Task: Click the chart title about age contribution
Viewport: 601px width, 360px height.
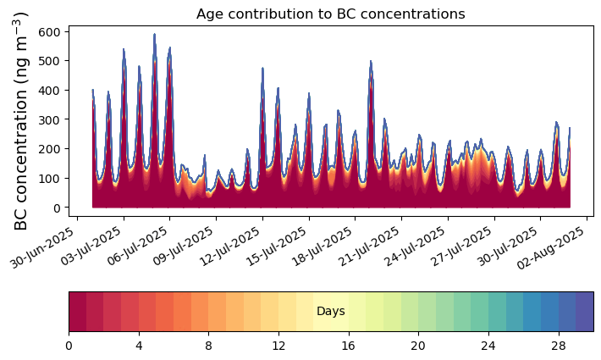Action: click(x=330, y=14)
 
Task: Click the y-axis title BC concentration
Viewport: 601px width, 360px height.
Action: click(x=21, y=120)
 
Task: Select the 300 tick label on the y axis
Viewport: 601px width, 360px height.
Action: click(x=52, y=119)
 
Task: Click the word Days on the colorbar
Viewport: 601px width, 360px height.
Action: click(x=330, y=312)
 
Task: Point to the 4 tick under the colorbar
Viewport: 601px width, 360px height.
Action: click(x=139, y=346)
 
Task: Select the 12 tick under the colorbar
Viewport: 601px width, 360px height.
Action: click(x=278, y=346)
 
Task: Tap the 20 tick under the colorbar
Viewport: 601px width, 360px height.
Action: click(x=418, y=346)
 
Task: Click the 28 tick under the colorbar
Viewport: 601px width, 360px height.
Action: click(x=558, y=346)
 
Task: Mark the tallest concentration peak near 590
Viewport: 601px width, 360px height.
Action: click(x=154, y=36)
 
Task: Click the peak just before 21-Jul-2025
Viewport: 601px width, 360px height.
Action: click(x=371, y=63)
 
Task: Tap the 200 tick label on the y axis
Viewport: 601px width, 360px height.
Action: click(x=52, y=149)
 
